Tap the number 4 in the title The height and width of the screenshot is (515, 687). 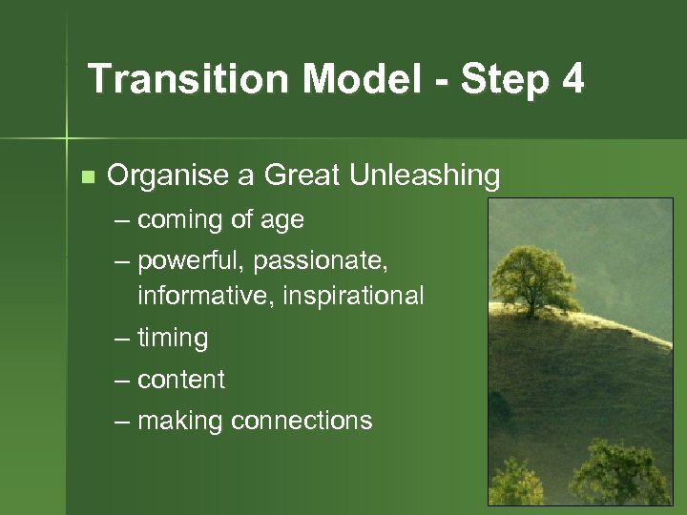click(572, 79)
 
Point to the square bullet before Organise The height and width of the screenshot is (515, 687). click(88, 176)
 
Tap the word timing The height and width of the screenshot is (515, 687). click(173, 339)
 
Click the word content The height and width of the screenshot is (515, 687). click(181, 380)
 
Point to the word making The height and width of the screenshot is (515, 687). click(180, 422)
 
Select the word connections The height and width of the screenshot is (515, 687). click(302, 421)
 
